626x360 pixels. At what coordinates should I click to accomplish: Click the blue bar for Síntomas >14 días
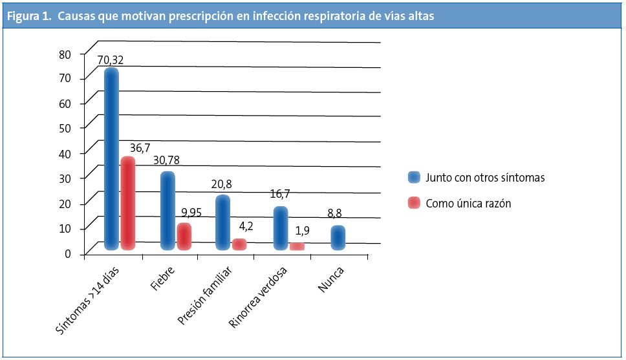click(111, 158)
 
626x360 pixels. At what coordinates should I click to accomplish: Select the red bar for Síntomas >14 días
click(128, 203)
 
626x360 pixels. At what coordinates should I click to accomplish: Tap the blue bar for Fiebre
click(167, 211)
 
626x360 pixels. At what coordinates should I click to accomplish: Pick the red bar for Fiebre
click(184, 237)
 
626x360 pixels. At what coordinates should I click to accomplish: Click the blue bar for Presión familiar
click(222, 222)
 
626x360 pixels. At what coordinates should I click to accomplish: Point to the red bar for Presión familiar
click(239, 244)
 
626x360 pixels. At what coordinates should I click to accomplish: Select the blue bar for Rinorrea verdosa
click(281, 228)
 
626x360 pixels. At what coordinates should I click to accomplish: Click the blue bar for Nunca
click(338, 237)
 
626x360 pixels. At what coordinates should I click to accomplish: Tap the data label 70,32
click(111, 61)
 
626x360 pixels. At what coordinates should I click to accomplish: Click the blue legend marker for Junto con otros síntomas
click(414, 178)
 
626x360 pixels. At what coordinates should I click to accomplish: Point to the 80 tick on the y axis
click(64, 54)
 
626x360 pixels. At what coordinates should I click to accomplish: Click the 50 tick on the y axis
click(64, 128)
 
